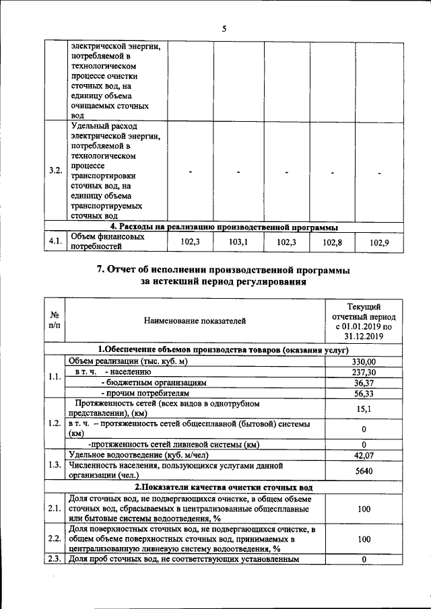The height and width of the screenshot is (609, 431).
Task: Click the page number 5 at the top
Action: coord(224,28)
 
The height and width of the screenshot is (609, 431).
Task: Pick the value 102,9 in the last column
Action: coord(380,242)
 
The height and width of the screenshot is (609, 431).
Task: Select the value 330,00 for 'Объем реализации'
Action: coord(364,361)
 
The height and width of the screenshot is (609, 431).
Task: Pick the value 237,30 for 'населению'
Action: coord(364,371)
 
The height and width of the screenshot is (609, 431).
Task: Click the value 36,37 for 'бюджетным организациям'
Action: coord(364,382)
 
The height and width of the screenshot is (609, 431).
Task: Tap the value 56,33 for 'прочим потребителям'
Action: coord(364,392)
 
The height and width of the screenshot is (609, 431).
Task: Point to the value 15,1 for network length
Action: coord(364,408)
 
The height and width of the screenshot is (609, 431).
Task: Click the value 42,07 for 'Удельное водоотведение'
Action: coord(364,455)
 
